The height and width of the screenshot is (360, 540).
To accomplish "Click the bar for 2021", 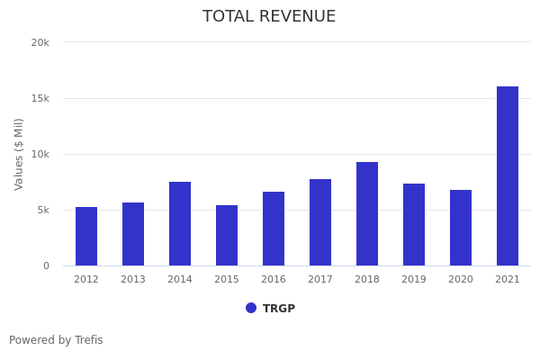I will pyautogui.click(x=508, y=175).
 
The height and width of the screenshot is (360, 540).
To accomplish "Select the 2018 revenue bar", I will pyautogui.click(x=367, y=213).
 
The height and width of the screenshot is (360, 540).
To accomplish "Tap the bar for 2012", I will pyautogui.click(x=86, y=236).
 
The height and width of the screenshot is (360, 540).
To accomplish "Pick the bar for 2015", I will pyautogui.click(x=227, y=235).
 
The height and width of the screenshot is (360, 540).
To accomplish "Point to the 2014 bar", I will pyautogui.click(x=180, y=223).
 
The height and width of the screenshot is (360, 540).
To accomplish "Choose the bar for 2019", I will pyautogui.click(x=414, y=224).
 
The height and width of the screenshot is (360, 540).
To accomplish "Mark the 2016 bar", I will pyautogui.click(x=274, y=229).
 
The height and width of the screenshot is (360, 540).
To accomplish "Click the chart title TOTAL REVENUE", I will pyautogui.click(x=269, y=17).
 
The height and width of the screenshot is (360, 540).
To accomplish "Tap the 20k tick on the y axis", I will pyautogui.click(x=40, y=42).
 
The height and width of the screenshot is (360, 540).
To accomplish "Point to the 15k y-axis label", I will pyautogui.click(x=40, y=98).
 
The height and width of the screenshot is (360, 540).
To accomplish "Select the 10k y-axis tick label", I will pyautogui.click(x=40, y=154).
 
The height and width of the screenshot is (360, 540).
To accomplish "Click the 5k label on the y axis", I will pyautogui.click(x=42, y=210).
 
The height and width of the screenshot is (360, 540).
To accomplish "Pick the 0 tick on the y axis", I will pyautogui.click(x=45, y=265).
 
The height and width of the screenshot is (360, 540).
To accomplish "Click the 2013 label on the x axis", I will pyautogui.click(x=133, y=279).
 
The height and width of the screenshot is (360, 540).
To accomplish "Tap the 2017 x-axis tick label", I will pyautogui.click(x=320, y=279).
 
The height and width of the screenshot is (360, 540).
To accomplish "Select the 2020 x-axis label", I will pyautogui.click(x=461, y=279).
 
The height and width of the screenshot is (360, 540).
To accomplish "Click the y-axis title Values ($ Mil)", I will pyautogui.click(x=19, y=154).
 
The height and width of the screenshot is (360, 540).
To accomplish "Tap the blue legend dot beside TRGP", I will pyautogui.click(x=251, y=308).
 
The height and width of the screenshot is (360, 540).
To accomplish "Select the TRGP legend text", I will pyautogui.click(x=279, y=309).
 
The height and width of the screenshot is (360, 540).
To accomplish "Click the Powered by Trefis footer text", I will pyautogui.click(x=56, y=340).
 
